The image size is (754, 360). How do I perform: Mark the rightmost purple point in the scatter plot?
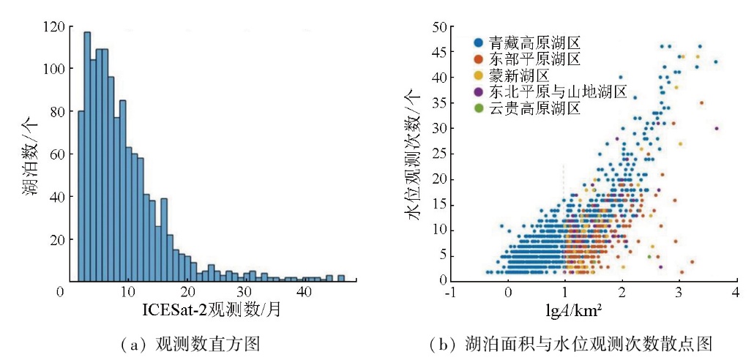pyautogui.click(x=717, y=129)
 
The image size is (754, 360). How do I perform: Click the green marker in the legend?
pyautogui.click(x=479, y=109)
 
